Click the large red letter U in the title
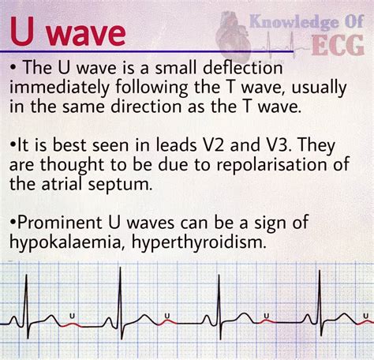tap(23, 31)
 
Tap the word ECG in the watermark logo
tap(338, 45)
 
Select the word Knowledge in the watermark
tap(294, 21)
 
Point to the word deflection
tap(243, 68)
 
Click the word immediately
tap(59, 88)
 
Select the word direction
tap(146, 107)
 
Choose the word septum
tap(120, 185)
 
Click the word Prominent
tap(59, 223)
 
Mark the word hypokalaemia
tap(67, 242)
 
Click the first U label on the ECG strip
tap(72, 315)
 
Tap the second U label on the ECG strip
tap(167, 315)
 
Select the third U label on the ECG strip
tap(267, 315)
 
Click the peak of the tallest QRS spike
tap(120, 268)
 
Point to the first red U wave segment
tap(71, 324)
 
